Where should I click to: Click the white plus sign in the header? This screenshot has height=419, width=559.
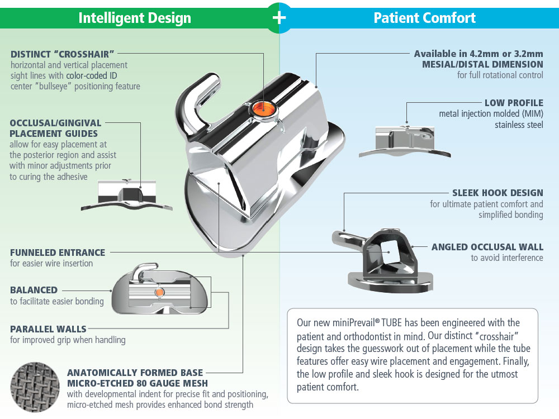point(279,17)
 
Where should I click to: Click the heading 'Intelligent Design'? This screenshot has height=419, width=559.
point(135,18)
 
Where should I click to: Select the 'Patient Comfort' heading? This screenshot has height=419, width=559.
point(425,18)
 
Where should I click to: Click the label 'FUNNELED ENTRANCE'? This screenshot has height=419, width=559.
point(58,253)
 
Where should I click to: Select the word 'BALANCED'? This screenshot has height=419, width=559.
point(34,290)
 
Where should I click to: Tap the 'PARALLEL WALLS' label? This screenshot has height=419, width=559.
point(48,328)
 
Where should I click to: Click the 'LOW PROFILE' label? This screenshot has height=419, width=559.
point(514,103)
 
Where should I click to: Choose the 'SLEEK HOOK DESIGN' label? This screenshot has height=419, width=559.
point(497,193)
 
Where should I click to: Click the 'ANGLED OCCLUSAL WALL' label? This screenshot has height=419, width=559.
point(487,247)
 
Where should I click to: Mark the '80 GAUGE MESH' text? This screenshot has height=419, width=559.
point(170,383)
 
